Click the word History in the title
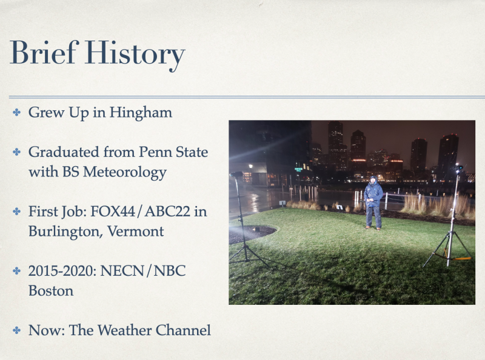pyautogui.click(x=135, y=54)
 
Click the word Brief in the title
pyautogui.click(x=44, y=52)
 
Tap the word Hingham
pyautogui.click(x=141, y=113)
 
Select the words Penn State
pyautogui.click(x=173, y=152)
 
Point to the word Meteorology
pyautogui.click(x=125, y=173)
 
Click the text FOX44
pyautogui.click(x=113, y=212)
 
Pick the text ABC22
pyautogui.click(x=167, y=212)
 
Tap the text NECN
pyautogui.click(x=122, y=271)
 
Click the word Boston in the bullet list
pyautogui.click(x=51, y=291)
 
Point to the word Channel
pyautogui.click(x=183, y=330)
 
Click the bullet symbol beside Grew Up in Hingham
pyautogui.click(x=17, y=112)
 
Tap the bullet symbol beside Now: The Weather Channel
pyautogui.click(x=17, y=330)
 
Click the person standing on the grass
pyautogui.click(x=373, y=203)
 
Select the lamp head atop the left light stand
pyautogui.click(x=236, y=174)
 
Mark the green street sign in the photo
pyautogui.click(x=298, y=170)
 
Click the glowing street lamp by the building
pyautogui.click(x=250, y=166)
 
